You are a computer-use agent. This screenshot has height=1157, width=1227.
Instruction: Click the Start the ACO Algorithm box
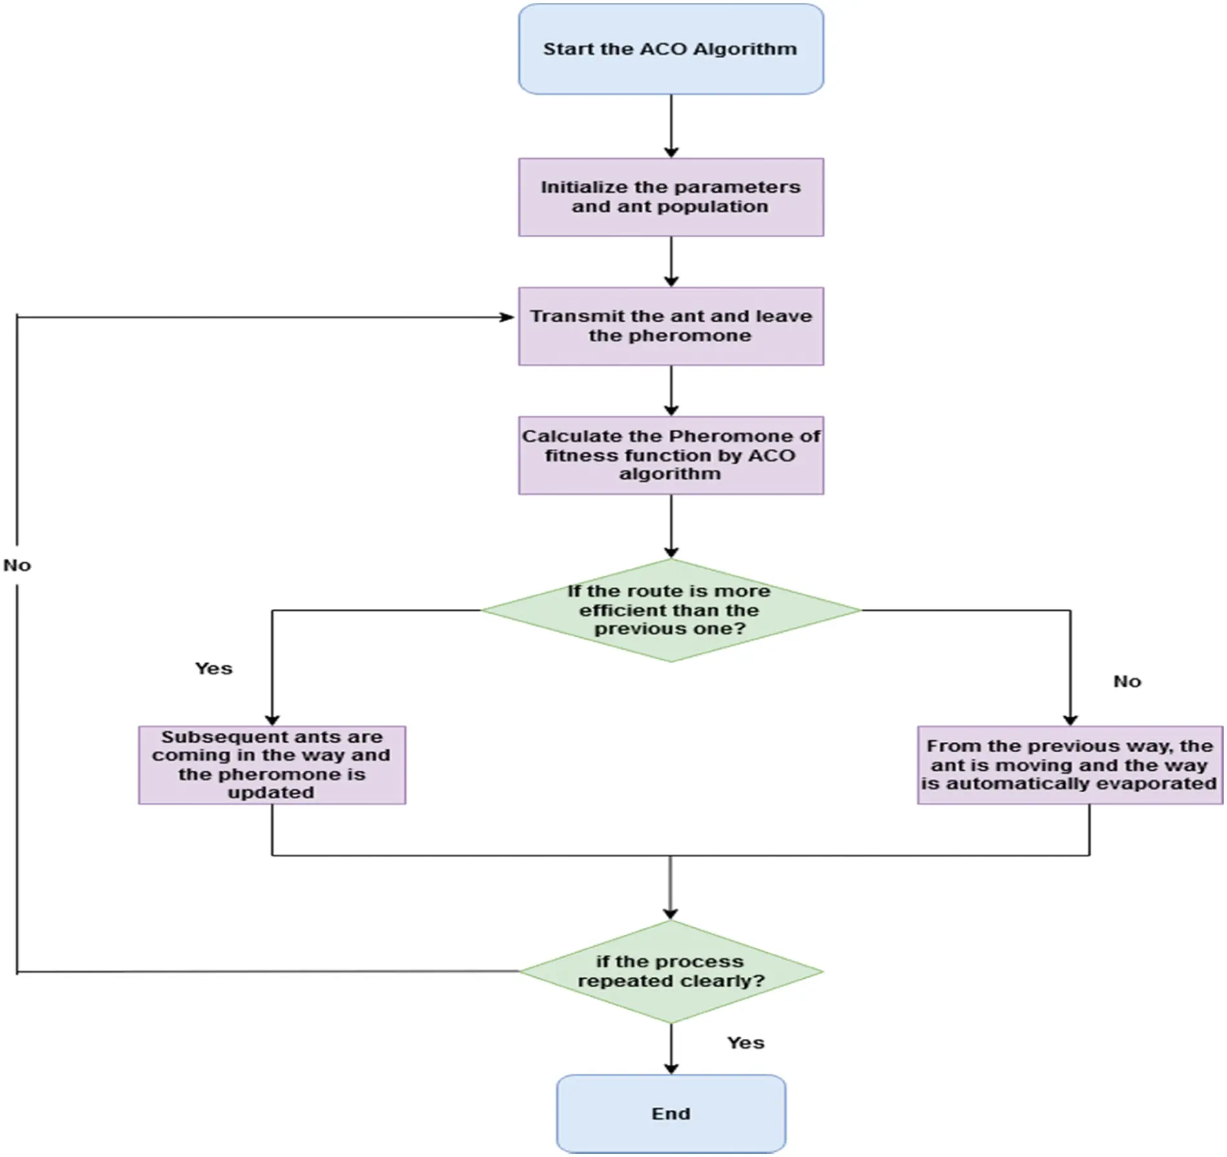tap(670, 49)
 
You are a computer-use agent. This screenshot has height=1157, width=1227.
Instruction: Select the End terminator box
tap(670, 1114)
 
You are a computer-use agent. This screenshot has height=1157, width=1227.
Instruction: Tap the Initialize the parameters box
tap(670, 197)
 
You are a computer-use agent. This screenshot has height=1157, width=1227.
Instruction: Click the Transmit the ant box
tap(670, 326)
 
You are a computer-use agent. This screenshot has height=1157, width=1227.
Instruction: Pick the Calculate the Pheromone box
tap(670, 455)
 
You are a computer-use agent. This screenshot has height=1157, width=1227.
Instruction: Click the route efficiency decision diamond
tap(670, 610)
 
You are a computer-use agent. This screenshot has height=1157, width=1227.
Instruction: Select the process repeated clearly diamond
tap(670, 971)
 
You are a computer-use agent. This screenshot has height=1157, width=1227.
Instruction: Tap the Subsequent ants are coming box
tap(272, 764)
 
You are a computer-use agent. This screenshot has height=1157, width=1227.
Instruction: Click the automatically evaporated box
tap(1069, 764)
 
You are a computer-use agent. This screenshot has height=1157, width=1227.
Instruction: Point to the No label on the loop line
tap(17, 566)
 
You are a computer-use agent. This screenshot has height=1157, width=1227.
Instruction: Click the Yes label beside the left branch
tap(214, 668)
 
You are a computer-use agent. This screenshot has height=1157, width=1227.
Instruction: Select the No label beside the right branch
tap(1127, 681)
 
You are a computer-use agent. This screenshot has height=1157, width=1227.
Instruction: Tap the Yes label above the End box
tap(745, 1043)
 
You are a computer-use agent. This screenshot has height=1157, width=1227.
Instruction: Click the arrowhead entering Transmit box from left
tap(508, 317)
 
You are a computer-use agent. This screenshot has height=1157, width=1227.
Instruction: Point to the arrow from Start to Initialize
tap(671, 126)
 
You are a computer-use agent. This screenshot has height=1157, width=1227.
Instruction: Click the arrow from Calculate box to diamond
tap(671, 526)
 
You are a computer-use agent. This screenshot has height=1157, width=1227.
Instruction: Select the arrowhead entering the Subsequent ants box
tap(272, 719)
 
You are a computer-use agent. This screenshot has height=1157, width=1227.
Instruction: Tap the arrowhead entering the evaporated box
tap(1070, 719)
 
